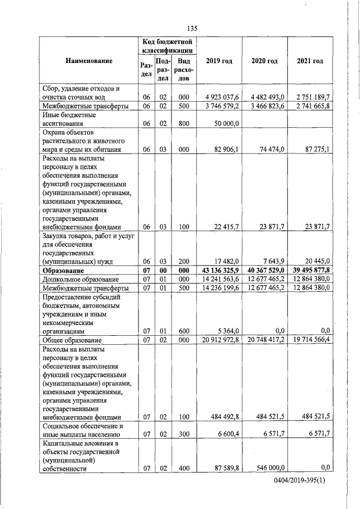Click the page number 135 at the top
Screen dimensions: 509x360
click(191, 28)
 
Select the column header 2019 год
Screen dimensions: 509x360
click(219, 61)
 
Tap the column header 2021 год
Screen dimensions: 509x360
click(310, 61)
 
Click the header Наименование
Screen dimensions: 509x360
click(89, 61)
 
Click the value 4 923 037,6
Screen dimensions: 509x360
click(223, 97)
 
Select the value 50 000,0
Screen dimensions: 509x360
click(226, 123)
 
